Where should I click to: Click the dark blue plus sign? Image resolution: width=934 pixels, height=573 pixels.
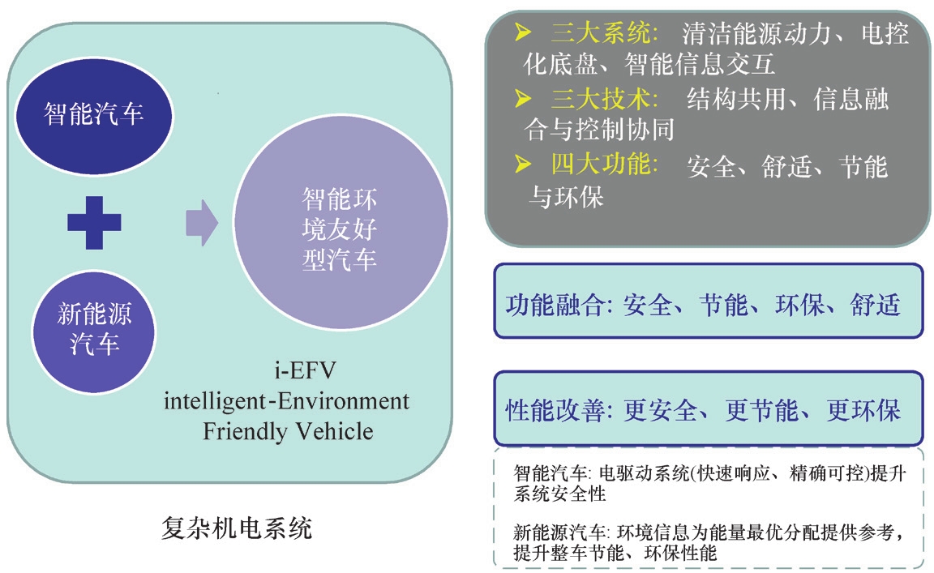[x=94, y=221]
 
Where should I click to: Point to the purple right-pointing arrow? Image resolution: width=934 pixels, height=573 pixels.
[x=201, y=221]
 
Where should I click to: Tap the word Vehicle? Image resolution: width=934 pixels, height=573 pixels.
[x=333, y=430]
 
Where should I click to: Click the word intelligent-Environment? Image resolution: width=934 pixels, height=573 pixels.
[x=287, y=401]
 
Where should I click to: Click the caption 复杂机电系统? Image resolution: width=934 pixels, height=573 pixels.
[x=237, y=530]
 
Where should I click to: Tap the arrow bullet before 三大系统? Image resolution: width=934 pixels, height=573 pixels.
[x=525, y=33]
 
